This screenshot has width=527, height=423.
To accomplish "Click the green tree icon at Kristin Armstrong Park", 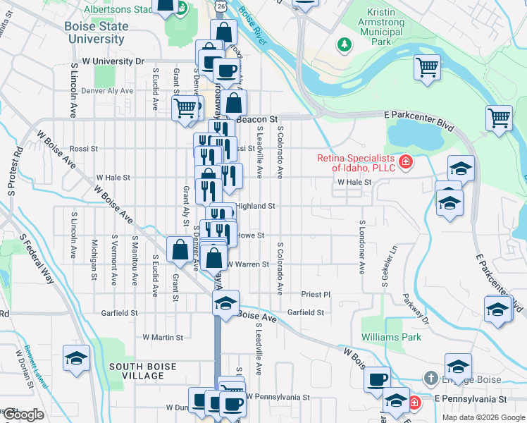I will pyautogui.click(x=344, y=45).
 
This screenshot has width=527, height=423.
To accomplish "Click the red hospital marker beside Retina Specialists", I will pyautogui.click(x=405, y=164).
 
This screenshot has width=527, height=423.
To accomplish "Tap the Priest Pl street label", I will pyautogui.click(x=316, y=294).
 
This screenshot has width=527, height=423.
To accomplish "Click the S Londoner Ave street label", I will pyautogui.click(x=362, y=247).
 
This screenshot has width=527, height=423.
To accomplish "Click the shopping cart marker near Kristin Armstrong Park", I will pyautogui.click(x=427, y=68).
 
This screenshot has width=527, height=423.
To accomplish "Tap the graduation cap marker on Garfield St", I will pyautogui.click(x=225, y=303).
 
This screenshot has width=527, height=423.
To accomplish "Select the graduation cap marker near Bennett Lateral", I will pyautogui.click(x=76, y=358).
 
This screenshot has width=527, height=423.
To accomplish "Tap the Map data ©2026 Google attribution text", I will pyautogui.click(x=483, y=417).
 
